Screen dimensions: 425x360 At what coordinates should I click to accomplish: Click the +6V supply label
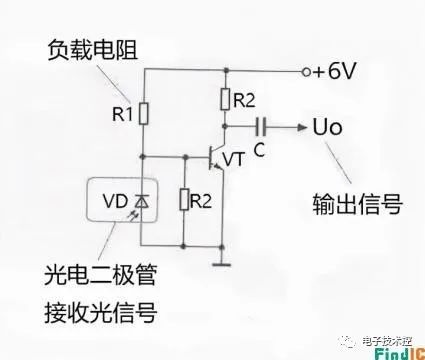pos(334,71)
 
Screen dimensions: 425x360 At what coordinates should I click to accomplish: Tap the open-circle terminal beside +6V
pos(306,72)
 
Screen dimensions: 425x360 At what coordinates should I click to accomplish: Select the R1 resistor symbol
pos(144,114)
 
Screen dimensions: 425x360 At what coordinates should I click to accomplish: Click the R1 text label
pos(122,114)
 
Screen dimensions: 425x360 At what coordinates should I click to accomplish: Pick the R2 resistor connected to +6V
pos(225,99)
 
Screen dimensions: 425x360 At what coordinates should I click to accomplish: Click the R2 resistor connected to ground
pos(184,199)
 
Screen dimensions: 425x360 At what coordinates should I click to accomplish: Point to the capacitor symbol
pos(261,127)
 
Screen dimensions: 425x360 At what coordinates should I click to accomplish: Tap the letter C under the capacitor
pos(259,150)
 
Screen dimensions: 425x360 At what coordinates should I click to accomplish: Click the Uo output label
pos(327,127)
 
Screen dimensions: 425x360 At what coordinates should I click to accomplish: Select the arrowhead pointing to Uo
pos(302,127)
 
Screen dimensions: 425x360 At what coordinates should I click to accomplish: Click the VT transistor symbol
pos(216,158)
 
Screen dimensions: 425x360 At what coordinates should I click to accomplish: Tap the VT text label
pos(234,159)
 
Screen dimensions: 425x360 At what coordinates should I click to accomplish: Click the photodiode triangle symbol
pos(142,202)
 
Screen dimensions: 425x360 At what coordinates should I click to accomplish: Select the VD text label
pos(115,201)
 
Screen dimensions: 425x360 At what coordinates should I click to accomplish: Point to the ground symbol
pos(222,265)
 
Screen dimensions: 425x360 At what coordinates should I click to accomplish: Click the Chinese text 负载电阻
pos(93,50)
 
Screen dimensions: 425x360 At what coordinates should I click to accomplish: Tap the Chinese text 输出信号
pos(358,204)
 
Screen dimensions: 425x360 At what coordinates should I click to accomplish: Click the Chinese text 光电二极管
pos(100,275)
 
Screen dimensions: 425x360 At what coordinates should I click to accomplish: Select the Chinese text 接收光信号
pos(100,312)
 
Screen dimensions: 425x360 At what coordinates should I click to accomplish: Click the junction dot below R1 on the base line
pos(143,156)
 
